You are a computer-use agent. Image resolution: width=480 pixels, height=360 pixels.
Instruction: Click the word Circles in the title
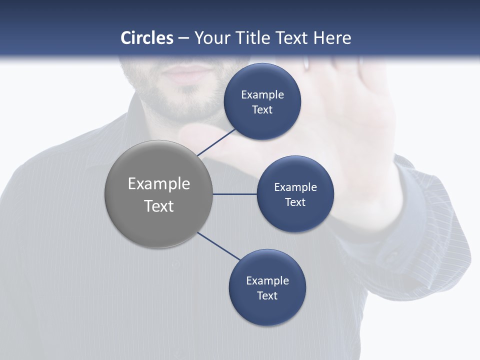tap(147, 38)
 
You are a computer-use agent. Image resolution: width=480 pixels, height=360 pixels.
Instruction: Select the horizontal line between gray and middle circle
tap(235, 194)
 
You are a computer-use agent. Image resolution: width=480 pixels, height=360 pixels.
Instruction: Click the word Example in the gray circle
tap(159, 184)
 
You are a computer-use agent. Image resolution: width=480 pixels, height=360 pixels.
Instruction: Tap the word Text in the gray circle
tap(159, 206)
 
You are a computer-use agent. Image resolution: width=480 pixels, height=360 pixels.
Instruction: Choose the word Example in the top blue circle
tap(262, 94)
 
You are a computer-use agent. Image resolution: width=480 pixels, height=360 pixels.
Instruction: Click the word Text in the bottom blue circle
tap(267, 295)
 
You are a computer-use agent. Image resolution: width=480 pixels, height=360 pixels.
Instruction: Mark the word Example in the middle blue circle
tap(295, 187)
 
